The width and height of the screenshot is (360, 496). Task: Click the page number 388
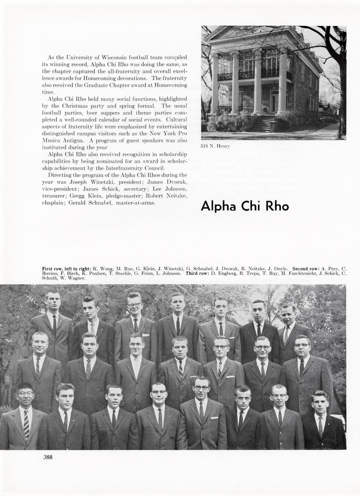(x=48, y=457)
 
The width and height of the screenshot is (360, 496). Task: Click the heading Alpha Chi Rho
(x=245, y=206)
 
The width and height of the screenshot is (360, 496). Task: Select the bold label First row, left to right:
(x=67, y=268)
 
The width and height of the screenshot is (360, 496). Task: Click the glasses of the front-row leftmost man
(x=26, y=394)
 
